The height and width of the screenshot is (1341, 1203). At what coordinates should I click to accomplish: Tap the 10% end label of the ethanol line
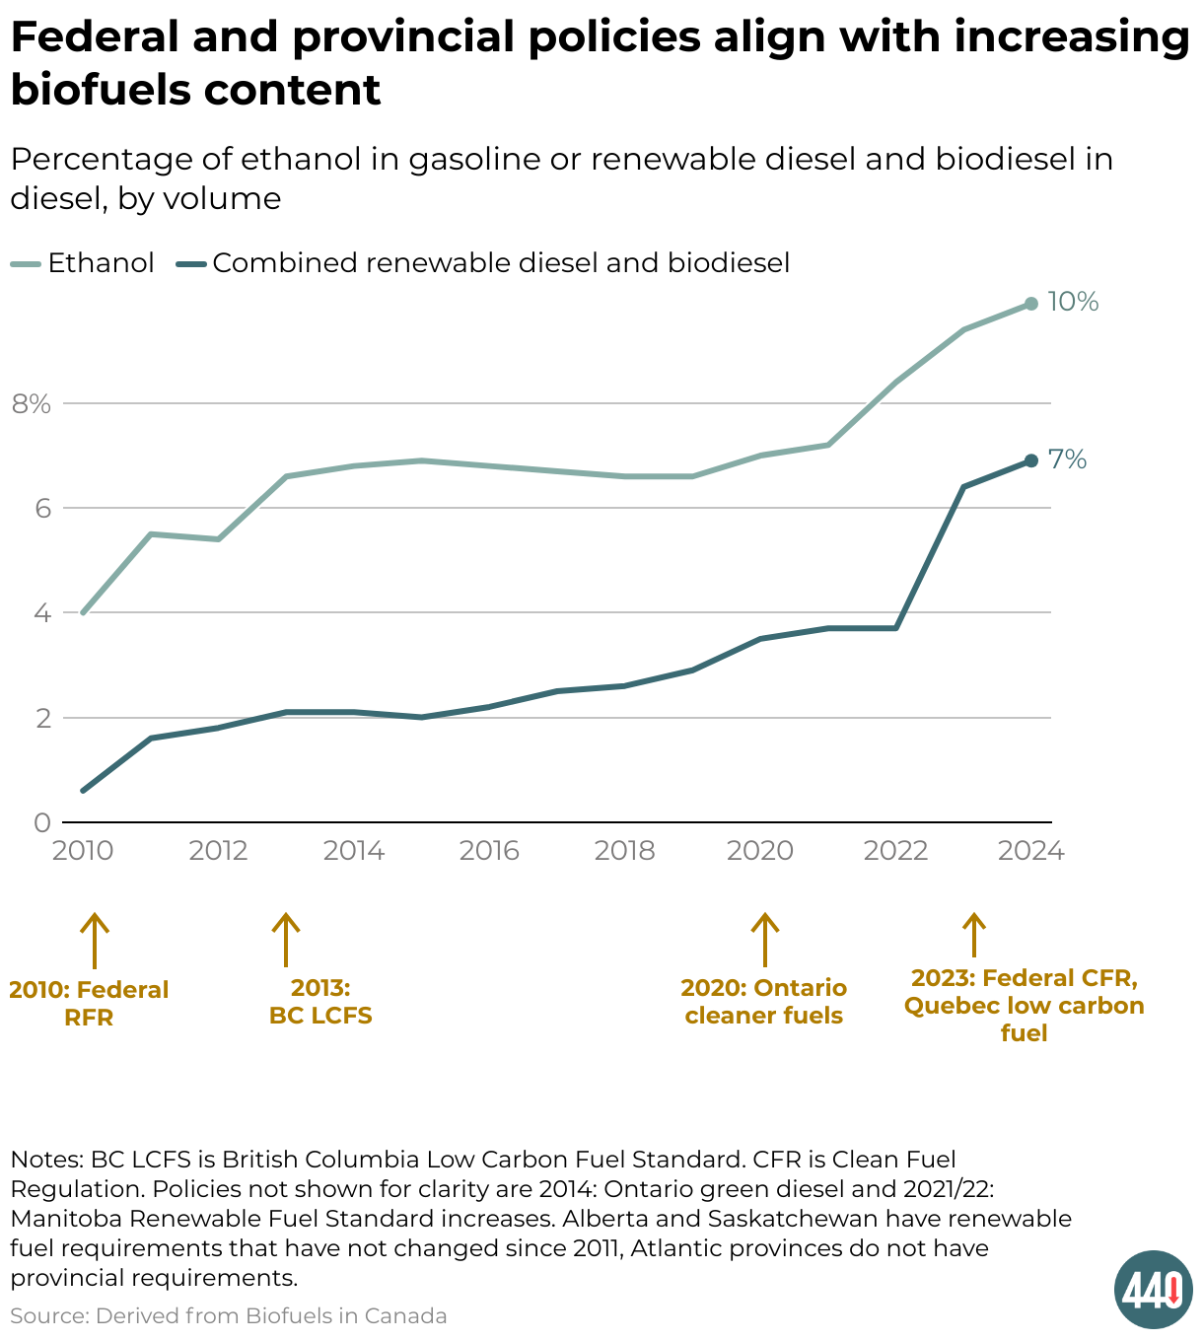point(1073,302)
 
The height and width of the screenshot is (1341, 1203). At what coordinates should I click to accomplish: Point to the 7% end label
point(1067,459)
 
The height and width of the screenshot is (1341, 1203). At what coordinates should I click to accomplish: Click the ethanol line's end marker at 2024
point(1031,304)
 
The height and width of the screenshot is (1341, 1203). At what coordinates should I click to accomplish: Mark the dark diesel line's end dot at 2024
point(1031,460)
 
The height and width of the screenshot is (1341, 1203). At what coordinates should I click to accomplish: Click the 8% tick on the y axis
point(31,403)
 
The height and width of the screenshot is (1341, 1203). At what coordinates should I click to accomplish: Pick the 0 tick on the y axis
point(41,822)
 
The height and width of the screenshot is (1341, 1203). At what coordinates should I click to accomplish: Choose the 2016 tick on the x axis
point(489,851)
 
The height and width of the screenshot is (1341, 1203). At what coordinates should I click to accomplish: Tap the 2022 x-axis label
point(895,851)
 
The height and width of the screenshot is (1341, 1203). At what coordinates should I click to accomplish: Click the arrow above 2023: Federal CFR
point(974,935)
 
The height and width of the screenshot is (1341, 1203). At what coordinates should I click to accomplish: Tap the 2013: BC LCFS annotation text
point(320,1002)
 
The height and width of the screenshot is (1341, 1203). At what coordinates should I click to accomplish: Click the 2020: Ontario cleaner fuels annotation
point(764,1002)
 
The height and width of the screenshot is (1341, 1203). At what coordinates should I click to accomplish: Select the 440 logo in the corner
point(1153,1289)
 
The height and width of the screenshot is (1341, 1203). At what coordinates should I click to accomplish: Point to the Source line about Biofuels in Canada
point(229,1315)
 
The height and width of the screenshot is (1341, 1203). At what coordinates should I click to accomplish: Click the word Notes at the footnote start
point(46,1159)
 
